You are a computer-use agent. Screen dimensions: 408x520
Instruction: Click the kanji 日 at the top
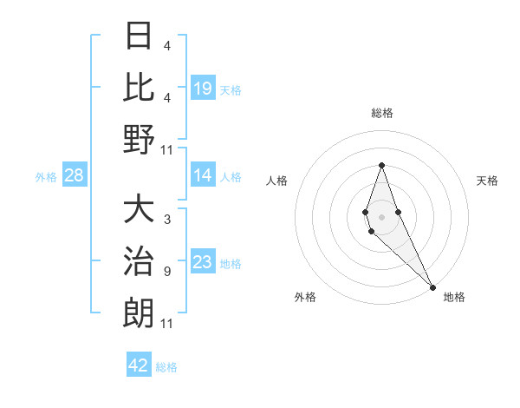(140, 36)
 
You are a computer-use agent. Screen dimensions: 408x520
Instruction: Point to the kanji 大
(140, 209)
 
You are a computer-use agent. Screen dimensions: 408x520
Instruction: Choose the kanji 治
(140, 260)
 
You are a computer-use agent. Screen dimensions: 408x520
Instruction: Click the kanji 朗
(140, 312)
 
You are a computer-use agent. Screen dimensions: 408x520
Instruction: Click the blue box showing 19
(202, 88)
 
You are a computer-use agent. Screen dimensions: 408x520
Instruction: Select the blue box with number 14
(202, 176)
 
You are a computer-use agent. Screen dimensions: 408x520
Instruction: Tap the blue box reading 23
(202, 263)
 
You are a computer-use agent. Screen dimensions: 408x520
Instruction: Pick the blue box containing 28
(74, 176)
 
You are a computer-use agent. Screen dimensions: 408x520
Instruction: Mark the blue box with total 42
(138, 365)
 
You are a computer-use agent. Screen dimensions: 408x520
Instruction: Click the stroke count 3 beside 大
(167, 220)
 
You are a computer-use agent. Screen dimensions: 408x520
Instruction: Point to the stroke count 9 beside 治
(167, 272)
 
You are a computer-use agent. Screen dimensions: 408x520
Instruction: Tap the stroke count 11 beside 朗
(167, 324)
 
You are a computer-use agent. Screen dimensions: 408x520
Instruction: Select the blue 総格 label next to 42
(166, 367)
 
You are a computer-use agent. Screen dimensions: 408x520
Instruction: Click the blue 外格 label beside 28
(46, 177)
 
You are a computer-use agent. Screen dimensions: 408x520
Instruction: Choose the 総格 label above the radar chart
(381, 113)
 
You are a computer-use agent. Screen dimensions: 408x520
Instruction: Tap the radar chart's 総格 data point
(381, 165)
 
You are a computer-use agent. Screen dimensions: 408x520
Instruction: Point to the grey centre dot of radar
(381, 216)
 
